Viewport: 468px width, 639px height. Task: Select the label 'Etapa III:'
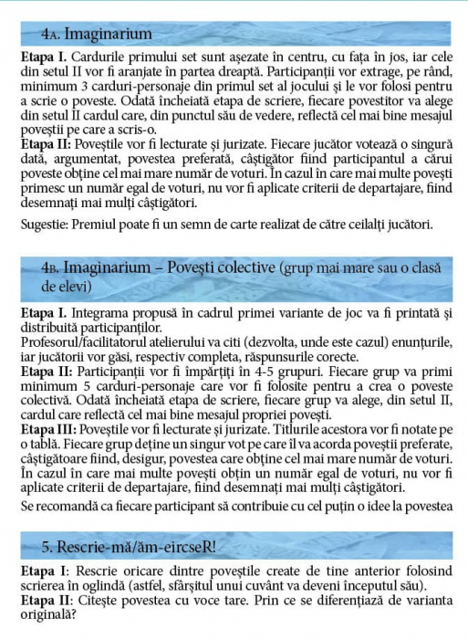[47, 429]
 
